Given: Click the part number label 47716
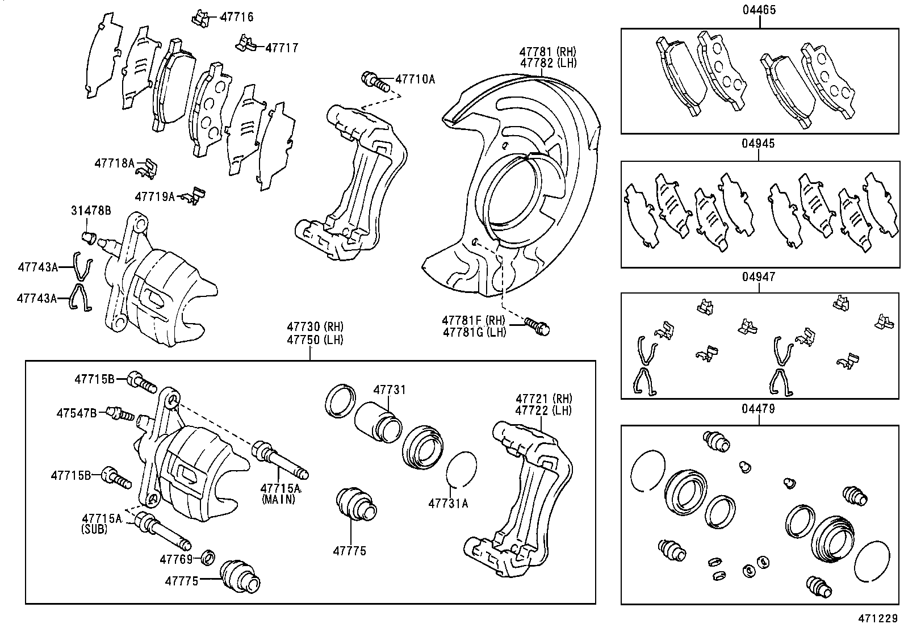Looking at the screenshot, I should click(x=236, y=17).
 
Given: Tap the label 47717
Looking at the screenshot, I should click(x=282, y=48).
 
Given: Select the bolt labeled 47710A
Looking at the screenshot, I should click(x=375, y=81).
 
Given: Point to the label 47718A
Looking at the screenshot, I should click(x=114, y=164).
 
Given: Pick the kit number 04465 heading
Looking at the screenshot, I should click(x=759, y=10).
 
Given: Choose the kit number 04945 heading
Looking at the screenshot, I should click(x=758, y=144).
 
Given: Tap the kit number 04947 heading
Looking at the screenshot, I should click(x=758, y=277).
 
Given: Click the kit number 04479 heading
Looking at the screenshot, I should click(x=758, y=409).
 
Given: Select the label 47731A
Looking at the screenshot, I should click(x=448, y=503).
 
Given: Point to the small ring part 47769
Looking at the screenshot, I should click(x=208, y=558).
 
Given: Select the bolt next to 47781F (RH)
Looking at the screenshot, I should click(x=538, y=326).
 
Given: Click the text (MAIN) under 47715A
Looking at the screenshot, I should click(x=279, y=500).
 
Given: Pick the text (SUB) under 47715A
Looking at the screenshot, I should click(x=93, y=529).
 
